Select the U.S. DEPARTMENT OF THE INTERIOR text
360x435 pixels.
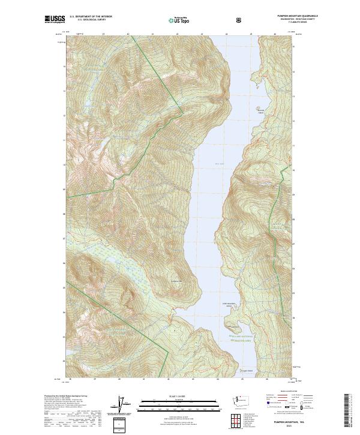91,17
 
